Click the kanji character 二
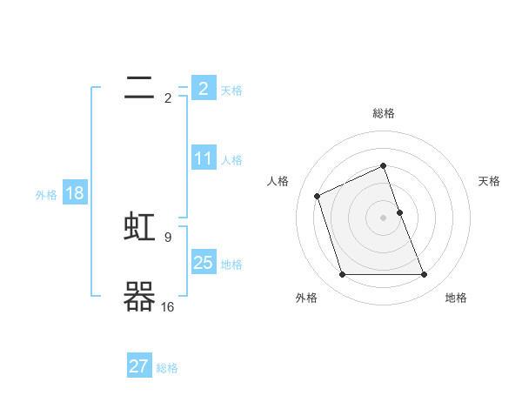(140, 87)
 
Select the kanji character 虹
(140, 227)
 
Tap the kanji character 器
(140, 298)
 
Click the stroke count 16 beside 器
(167, 306)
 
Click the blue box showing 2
(203, 88)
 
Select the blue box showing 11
(203, 158)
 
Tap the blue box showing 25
(203, 263)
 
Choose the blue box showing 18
(74, 193)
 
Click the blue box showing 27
(139, 366)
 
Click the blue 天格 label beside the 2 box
(231, 91)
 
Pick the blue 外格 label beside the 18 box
(46, 195)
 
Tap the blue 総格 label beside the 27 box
(167, 369)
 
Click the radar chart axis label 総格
(384, 113)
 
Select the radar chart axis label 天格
(490, 181)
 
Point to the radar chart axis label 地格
(456, 298)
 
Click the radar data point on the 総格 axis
(384, 165)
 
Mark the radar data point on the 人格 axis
(318, 195)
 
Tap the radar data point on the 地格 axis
(425, 275)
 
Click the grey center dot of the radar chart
(384, 217)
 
